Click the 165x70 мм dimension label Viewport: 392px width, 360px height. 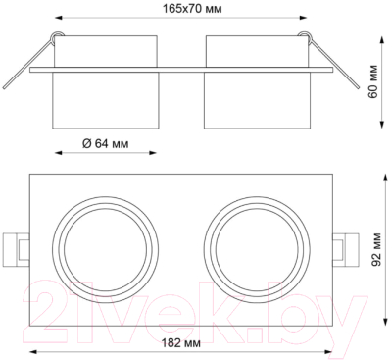click(x=193, y=8)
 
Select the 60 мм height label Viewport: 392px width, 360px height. click(x=372, y=81)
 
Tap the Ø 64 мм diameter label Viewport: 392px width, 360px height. click(x=106, y=143)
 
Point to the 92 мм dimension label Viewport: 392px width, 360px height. click(x=376, y=249)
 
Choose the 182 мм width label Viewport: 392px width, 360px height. click(x=181, y=343)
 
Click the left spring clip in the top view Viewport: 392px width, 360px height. click(x=17, y=249)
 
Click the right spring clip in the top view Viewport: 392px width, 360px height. click(x=346, y=249)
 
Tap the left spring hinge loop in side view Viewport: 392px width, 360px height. click(x=57, y=35)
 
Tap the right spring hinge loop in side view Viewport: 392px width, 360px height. click(x=305, y=35)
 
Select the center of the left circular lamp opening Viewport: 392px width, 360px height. click(x=106, y=250)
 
